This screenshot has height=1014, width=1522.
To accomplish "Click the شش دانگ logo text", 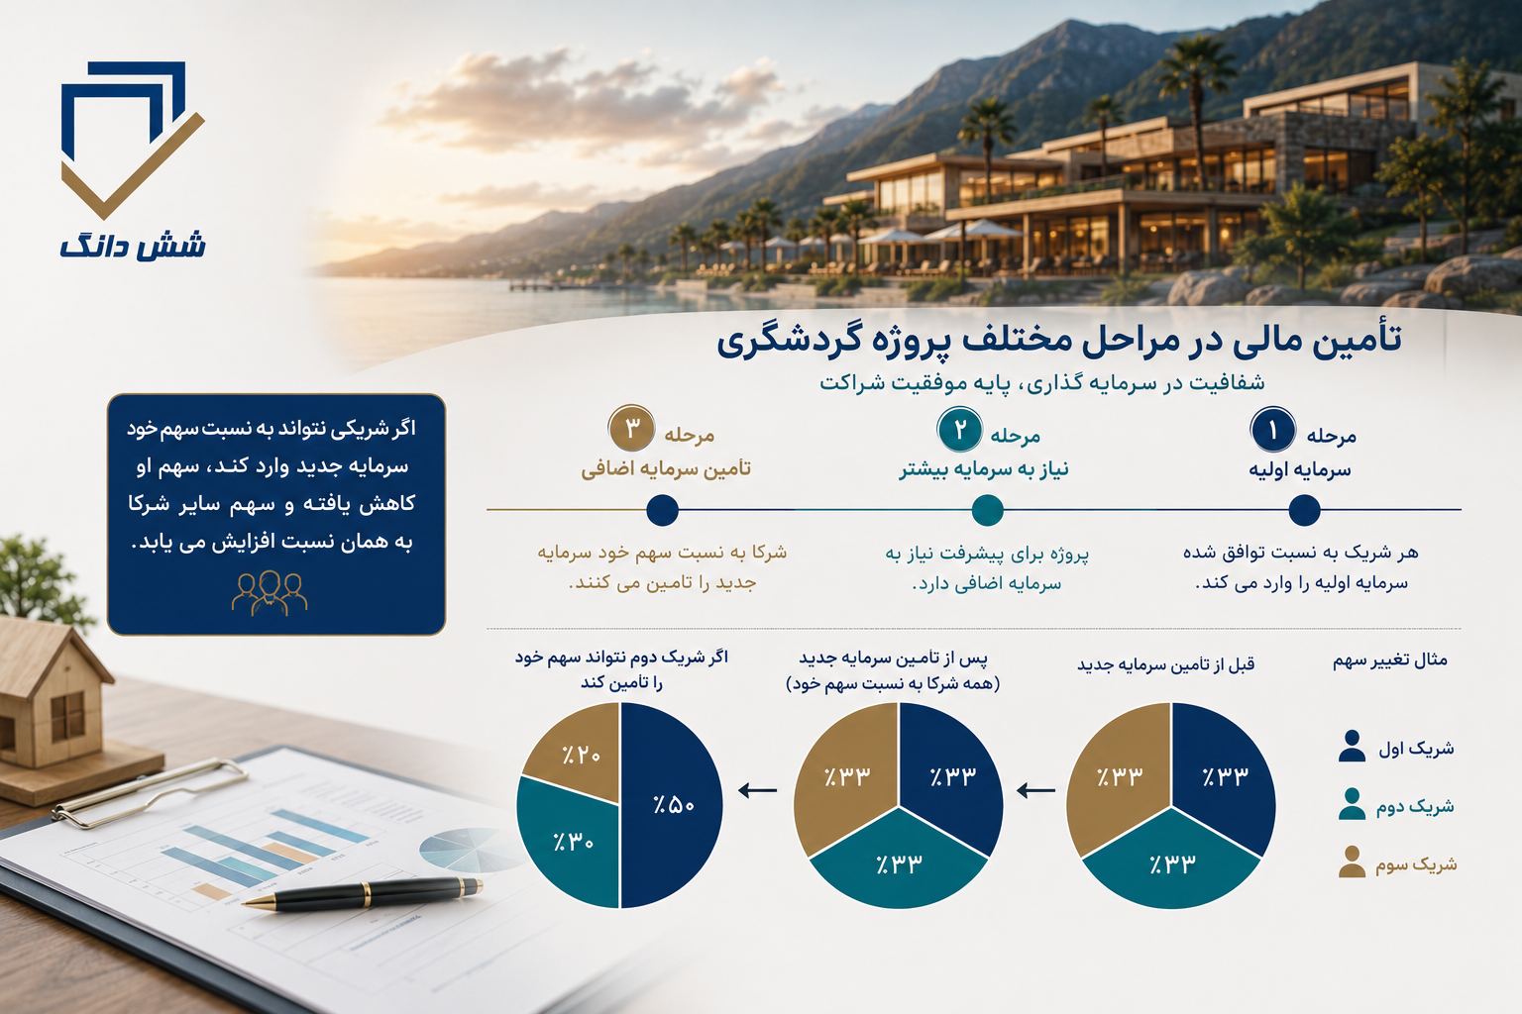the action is (x=133, y=246).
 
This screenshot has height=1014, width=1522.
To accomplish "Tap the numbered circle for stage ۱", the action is (x=1272, y=430).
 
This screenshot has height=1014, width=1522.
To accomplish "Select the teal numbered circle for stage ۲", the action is (x=959, y=430).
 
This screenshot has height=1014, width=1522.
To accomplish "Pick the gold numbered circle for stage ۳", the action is (x=632, y=428).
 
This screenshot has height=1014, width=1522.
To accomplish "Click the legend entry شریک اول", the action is (x=1395, y=747).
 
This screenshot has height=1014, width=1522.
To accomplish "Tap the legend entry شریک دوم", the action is (x=1395, y=805).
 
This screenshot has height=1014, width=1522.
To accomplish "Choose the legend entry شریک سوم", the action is (x=1397, y=862).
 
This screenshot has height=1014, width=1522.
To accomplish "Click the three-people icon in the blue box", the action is (x=270, y=593).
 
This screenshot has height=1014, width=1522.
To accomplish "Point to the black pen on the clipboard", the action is (x=363, y=894).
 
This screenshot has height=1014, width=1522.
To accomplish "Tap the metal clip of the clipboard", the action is (x=150, y=792).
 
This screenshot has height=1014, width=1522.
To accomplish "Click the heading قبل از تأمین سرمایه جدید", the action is (x=1166, y=664).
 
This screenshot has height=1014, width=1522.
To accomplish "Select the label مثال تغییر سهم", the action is (x=1389, y=660).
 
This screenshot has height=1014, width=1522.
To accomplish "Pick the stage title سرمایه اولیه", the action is (x=1300, y=470).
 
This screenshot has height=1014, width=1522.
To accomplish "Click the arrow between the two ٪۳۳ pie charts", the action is (x=1035, y=790).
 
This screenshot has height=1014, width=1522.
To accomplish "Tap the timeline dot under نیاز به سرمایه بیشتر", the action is (x=987, y=510).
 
